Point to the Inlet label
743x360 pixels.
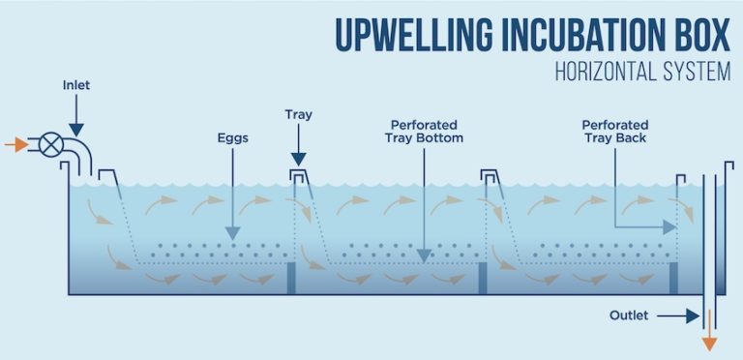[75, 85]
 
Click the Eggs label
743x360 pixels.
[232, 138]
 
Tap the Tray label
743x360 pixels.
[298, 114]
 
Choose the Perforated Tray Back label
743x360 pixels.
[614, 131]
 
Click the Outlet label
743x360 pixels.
[629, 315]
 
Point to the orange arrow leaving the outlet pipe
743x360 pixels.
[710, 335]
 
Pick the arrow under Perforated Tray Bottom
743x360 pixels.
[424, 223]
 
